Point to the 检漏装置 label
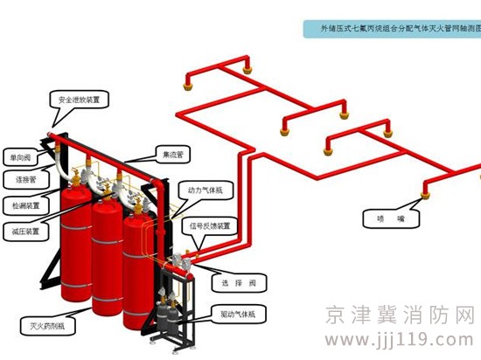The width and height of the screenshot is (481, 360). (26, 206)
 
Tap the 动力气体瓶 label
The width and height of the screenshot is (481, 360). (206, 188)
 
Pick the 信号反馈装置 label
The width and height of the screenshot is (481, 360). (211, 225)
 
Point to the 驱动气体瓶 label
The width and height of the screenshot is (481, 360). (240, 311)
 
